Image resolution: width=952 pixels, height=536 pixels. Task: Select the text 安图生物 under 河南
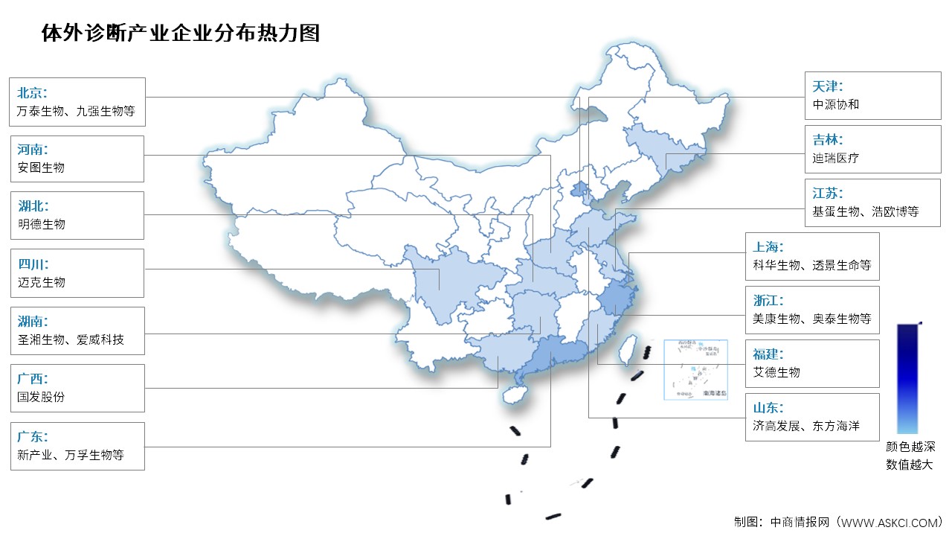[41, 167]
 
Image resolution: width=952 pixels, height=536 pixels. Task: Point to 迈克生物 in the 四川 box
[41, 282]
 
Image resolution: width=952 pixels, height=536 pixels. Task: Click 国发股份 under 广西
[41, 397]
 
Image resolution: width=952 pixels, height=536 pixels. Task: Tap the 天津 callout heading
[828, 86]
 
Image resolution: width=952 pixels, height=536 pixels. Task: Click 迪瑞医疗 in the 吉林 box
[835, 158]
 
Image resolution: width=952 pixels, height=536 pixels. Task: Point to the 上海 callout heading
[768, 247]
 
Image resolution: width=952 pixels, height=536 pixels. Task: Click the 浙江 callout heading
[768, 301]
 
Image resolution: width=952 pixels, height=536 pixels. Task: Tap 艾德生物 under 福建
[776, 372]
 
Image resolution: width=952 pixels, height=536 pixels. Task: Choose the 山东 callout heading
[768, 408]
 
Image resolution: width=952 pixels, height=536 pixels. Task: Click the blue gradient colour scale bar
[907, 378]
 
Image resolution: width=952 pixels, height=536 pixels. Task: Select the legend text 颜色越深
[910, 447]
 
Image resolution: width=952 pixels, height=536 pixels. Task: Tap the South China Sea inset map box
[697, 369]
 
